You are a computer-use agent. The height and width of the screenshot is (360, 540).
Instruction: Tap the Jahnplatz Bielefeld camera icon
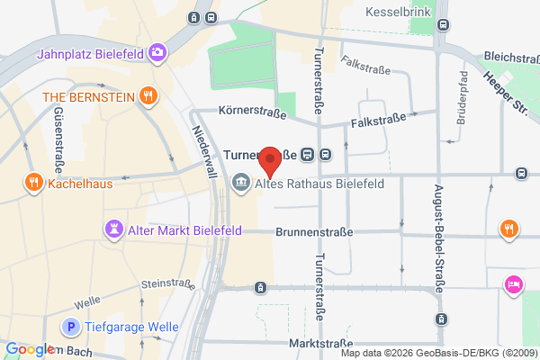pos(158,52)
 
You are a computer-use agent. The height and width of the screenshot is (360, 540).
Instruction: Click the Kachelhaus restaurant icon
pos(33,182)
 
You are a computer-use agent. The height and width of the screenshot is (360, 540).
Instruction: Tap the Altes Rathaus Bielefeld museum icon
pos(240,184)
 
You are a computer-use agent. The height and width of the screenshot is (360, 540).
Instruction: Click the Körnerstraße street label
pos(253,113)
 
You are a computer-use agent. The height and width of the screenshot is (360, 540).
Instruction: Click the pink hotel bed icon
pos(513,283)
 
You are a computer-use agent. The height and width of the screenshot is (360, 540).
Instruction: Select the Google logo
pos(30,349)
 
